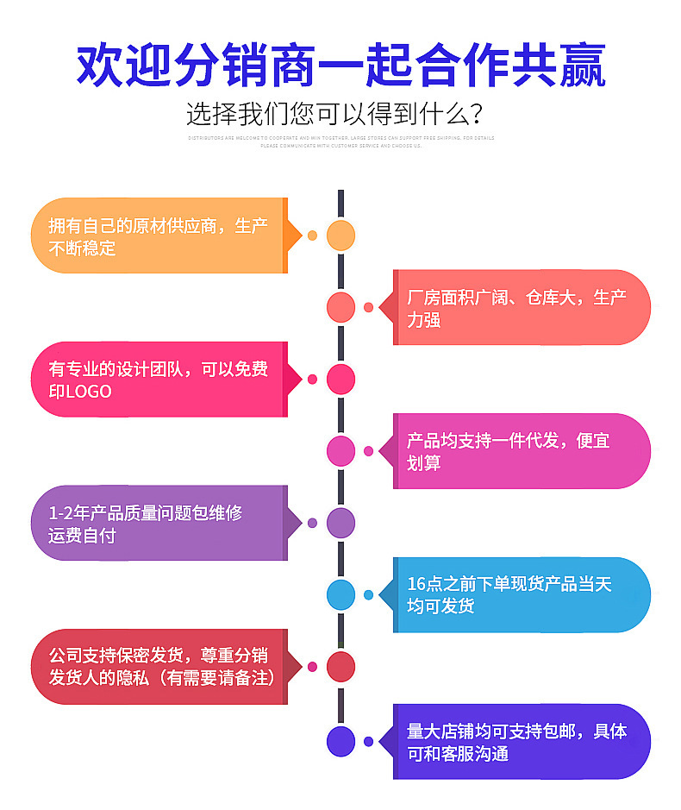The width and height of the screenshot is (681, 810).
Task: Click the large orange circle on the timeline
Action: point(340,235)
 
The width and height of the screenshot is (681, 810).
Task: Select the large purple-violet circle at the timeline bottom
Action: point(340,741)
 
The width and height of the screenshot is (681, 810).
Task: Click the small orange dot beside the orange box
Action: point(312,235)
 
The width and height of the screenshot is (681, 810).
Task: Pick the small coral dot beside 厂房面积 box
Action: point(369,307)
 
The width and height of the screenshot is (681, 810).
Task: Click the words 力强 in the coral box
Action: point(423,320)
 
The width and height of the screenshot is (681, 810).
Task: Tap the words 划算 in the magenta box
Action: point(423,463)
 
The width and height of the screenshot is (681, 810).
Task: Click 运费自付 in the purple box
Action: point(82,536)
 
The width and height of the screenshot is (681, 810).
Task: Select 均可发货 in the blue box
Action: point(440,606)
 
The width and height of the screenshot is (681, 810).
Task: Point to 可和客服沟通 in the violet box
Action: point(458,754)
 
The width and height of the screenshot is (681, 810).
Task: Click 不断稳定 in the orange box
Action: point(82,249)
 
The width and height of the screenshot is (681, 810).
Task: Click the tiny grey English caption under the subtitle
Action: point(340,141)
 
